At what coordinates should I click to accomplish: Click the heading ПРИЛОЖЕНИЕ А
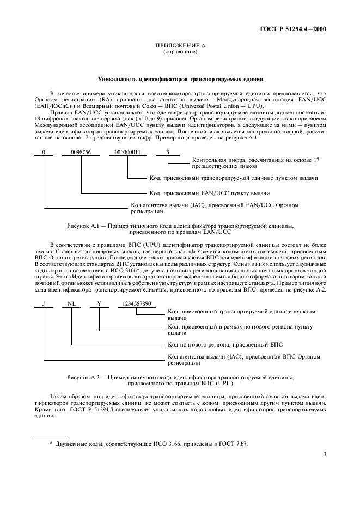point(180,46)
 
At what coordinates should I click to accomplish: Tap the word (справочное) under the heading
point(180,52)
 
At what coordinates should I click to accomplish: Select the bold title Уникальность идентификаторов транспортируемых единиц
point(180,80)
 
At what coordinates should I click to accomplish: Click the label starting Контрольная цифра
point(255,163)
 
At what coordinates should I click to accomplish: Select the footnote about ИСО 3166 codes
point(148,444)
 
